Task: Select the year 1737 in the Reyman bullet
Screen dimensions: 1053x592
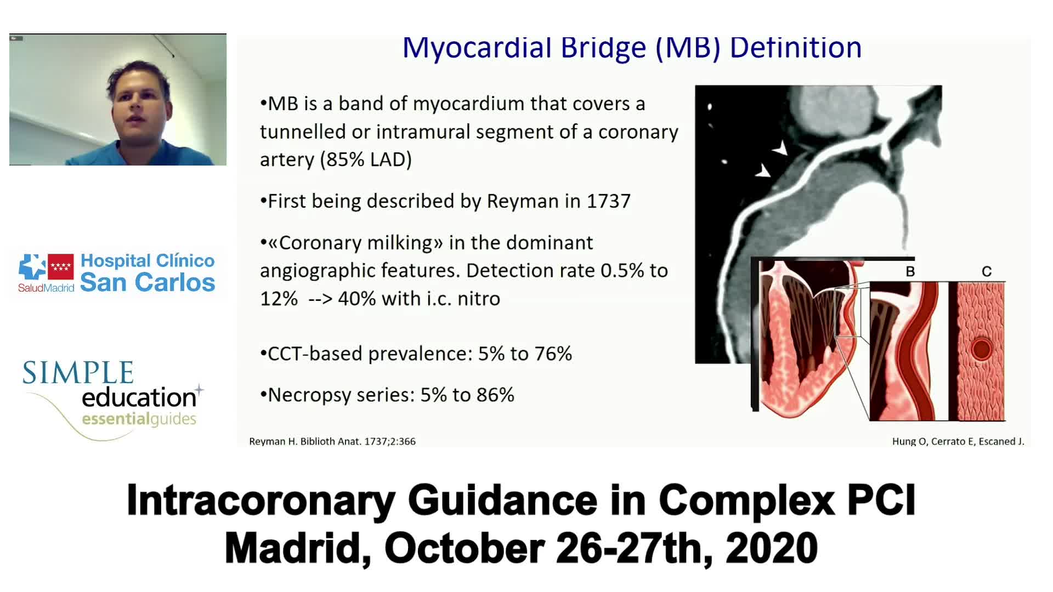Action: [x=609, y=201]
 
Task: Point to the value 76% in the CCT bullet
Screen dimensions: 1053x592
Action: [x=553, y=354]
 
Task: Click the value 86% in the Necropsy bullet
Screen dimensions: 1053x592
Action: [x=496, y=395]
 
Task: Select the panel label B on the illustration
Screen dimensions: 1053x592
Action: [x=910, y=271]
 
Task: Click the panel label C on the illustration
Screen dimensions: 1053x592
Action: [x=987, y=271]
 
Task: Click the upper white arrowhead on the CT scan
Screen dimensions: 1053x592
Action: [x=780, y=149]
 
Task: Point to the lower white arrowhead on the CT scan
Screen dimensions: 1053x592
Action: [x=763, y=171]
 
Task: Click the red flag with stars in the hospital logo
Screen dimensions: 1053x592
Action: [x=61, y=267]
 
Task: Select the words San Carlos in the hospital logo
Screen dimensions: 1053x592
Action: [x=148, y=282]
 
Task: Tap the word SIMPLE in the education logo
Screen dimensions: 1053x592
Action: [x=78, y=373]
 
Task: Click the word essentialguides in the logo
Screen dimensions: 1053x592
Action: [x=139, y=419]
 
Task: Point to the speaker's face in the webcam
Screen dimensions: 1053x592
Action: [x=139, y=110]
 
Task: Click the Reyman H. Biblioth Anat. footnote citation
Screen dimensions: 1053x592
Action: [x=332, y=441]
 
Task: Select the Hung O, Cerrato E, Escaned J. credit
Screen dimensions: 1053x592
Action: [x=958, y=441]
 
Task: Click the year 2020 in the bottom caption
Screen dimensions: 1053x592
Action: [x=772, y=548]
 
